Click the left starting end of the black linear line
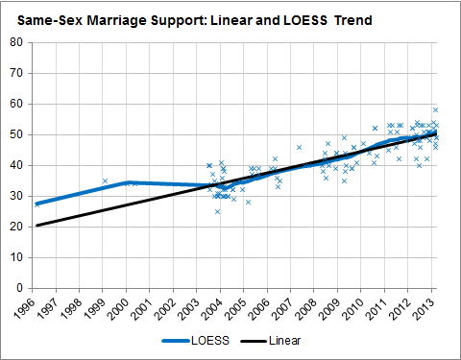[x=36, y=226]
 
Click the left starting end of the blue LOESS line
[x=36, y=204]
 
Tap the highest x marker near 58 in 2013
[x=435, y=109]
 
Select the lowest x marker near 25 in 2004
[x=217, y=211]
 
